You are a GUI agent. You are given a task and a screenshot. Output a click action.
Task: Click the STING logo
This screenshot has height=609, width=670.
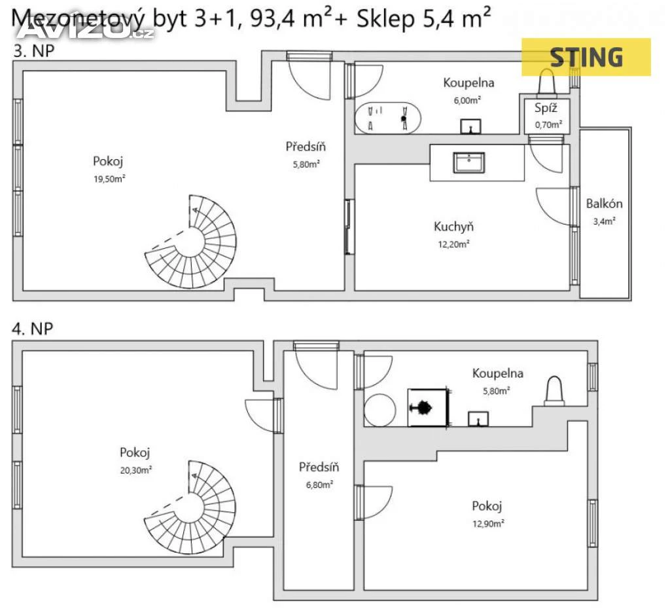click(x=586, y=57)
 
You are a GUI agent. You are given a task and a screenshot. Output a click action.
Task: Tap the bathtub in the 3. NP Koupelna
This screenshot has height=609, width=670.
click(x=387, y=118)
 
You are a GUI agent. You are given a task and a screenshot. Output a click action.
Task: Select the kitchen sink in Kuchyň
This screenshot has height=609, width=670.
click(x=468, y=162)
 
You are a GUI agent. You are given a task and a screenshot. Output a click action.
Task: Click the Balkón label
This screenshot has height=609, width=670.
click(x=604, y=204)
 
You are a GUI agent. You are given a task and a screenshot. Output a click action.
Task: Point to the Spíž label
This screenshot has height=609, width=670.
click(x=546, y=108)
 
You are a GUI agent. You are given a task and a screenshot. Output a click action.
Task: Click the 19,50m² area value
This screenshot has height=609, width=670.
click(x=109, y=179)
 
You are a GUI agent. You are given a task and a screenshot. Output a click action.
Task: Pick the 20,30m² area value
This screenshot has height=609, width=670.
click(x=136, y=470)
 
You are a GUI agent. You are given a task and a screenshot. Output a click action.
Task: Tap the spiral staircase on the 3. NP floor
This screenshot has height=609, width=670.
click(x=190, y=242)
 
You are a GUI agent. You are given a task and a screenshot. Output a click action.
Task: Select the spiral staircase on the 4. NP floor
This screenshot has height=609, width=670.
click(x=190, y=507)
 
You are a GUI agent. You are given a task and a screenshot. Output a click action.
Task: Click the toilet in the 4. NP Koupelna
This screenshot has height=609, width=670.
click(x=554, y=391)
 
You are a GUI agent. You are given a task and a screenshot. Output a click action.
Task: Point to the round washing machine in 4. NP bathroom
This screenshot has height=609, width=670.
click(x=380, y=410)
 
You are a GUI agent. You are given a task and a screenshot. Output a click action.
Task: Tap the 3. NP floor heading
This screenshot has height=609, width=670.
click(x=34, y=51)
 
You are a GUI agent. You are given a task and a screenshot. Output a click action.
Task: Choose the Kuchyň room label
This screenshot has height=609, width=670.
click(x=454, y=226)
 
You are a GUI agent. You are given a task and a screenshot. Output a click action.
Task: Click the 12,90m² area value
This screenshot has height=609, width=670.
click(x=488, y=523)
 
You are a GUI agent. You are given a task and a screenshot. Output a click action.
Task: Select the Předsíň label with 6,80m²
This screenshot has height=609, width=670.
click(x=319, y=467)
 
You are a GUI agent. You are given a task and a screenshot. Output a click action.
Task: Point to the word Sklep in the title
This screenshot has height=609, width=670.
click(x=385, y=19)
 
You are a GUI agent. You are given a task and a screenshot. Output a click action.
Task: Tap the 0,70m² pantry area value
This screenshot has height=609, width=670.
click(x=549, y=125)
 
